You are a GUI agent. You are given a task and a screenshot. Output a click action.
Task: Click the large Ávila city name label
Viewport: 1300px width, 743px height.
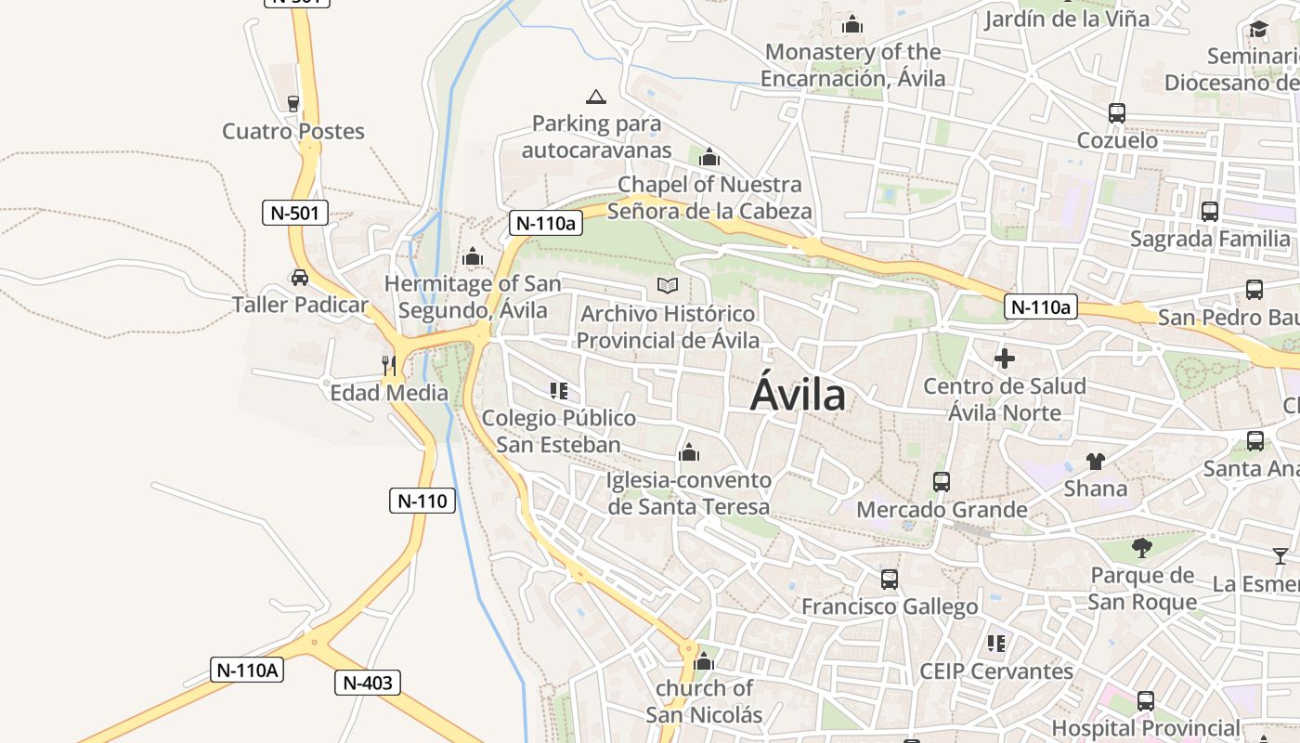[798, 395]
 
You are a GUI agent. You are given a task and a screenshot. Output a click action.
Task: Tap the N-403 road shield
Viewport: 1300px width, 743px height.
[367, 684]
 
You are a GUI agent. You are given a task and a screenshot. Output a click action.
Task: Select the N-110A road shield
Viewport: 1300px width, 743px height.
[246, 670]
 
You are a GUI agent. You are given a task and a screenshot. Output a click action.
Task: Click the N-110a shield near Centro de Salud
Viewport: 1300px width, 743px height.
[1040, 307]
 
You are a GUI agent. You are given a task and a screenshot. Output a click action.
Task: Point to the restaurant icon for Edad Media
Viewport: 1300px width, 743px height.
[389, 365]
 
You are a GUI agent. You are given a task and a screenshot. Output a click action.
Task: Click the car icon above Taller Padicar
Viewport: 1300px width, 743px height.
[299, 277]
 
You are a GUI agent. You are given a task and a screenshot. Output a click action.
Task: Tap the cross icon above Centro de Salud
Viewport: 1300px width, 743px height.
[1004, 358]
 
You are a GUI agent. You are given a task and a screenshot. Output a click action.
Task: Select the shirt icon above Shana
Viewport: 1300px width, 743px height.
[1096, 461]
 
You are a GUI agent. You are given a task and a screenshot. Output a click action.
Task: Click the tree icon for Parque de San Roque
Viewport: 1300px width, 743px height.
[1142, 548]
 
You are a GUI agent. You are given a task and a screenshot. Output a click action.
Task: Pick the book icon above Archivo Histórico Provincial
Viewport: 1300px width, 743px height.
[668, 286]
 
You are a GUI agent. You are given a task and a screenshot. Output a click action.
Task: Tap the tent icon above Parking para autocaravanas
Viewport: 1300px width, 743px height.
[596, 97]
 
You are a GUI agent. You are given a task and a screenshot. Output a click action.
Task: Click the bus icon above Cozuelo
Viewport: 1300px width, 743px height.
[1117, 113]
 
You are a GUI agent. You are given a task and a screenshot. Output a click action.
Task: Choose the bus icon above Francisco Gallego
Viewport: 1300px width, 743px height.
[890, 580]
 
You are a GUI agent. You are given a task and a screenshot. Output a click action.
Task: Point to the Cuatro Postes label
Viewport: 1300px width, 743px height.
[293, 131]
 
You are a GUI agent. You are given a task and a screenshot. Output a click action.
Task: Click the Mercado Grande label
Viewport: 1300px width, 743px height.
[942, 510]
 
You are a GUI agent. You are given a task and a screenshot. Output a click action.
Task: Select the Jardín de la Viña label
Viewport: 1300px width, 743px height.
[1067, 18]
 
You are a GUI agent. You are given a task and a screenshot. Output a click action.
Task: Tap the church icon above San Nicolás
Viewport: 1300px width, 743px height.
[704, 661]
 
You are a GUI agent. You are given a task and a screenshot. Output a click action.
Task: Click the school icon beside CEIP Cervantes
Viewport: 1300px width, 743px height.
[996, 643]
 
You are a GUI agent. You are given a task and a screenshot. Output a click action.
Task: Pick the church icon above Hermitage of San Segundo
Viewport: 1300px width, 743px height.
[473, 255]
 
